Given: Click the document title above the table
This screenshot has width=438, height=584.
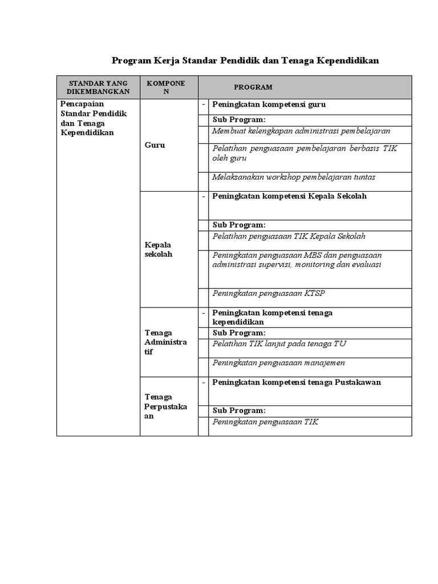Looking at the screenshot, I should coord(245,60).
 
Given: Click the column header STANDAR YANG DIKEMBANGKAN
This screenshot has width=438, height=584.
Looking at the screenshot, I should coord(98,87).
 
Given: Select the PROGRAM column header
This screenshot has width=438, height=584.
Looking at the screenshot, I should coord(253,87).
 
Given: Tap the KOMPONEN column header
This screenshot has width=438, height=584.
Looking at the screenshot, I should coord(165,87).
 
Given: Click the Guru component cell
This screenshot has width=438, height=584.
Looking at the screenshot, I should coord(155,145).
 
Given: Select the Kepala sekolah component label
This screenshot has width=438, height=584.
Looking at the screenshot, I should coord(158,250).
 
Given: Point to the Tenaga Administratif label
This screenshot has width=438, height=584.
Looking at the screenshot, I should coord(165,342).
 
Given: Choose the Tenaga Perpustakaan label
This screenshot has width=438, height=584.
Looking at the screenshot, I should coord(165,407).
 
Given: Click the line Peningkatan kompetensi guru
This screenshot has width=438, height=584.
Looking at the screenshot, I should coord(269,105).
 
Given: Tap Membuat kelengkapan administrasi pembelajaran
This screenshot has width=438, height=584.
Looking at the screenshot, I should coord(301,131).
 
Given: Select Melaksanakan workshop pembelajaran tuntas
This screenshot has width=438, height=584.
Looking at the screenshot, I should coord(294,177).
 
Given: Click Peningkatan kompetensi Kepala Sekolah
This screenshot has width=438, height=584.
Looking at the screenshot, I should coord(289,196).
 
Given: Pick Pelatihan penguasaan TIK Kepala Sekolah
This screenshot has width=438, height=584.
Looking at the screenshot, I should coord(289,236).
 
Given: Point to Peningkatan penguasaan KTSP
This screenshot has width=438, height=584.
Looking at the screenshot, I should coord(268,294).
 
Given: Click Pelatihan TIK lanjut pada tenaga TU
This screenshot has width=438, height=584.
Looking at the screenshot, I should coord(279,344).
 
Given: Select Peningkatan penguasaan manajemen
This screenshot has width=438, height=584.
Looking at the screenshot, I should coord(278,363).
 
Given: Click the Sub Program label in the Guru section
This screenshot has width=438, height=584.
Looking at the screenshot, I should coord(239,119).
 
